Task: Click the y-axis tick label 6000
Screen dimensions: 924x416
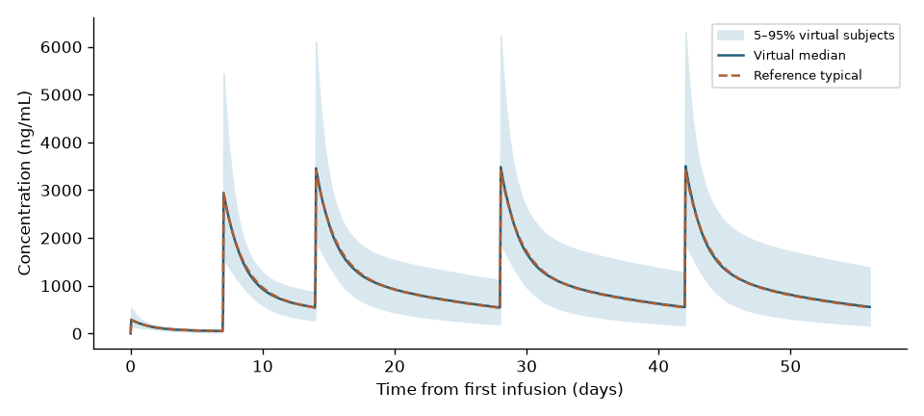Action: (x=62, y=47)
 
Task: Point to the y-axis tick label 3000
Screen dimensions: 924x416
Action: (x=62, y=191)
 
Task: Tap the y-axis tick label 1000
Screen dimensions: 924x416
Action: (x=62, y=286)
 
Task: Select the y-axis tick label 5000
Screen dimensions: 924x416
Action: (x=62, y=95)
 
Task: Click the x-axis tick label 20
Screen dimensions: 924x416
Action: (x=395, y=366)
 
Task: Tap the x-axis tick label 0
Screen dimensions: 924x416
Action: (x=131, y=366)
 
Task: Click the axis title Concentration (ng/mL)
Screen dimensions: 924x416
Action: (x=24, y=183)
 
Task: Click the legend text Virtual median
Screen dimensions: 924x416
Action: (x=800, y=56)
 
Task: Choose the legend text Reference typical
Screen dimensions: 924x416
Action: (x=808, y=75)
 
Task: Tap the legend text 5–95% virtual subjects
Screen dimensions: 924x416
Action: (x=824, y=36)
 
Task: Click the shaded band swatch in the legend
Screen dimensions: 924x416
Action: (x=731, y=36)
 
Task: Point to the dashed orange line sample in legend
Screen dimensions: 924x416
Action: (x=731, y=75)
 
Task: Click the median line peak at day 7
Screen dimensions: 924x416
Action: (x=223, y=193)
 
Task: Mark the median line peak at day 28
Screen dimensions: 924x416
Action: (x=500, y=168)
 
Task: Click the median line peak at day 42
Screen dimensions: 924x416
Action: (x=685, y=167)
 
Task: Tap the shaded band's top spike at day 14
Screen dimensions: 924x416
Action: (x=317, y=42)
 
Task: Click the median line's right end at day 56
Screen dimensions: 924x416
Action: (x=870, y=307)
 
